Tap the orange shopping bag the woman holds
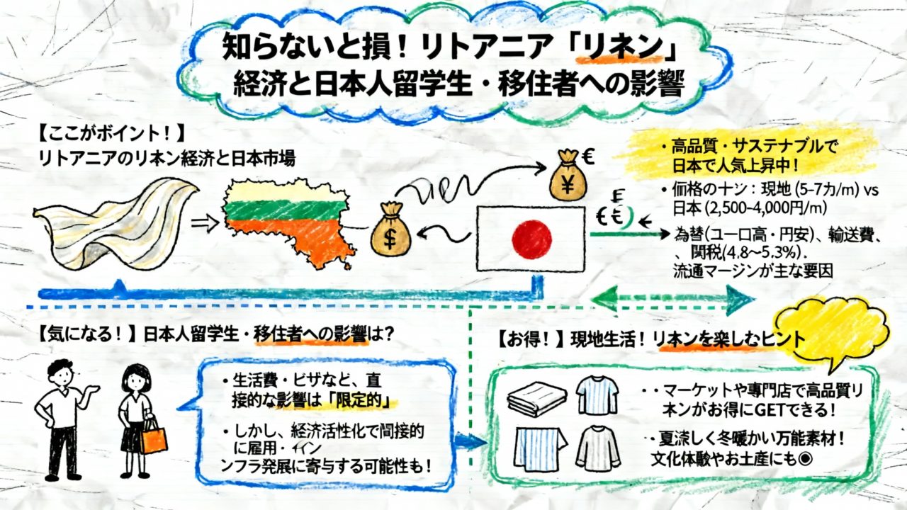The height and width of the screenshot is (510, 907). (x=154, y=436)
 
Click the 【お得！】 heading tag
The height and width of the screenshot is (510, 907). (x=526, y=339)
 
